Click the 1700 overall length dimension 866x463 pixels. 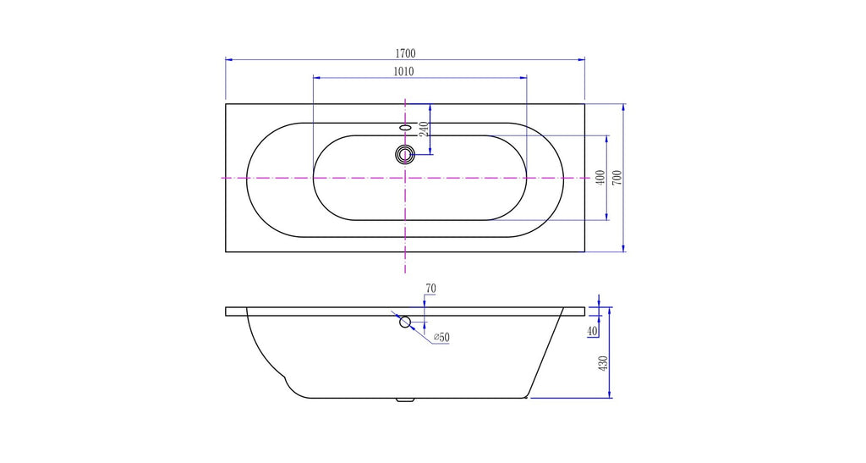point(405,53)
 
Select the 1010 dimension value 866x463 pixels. point(403,71)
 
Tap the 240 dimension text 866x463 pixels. point(424,130)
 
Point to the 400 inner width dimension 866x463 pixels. point(601,178)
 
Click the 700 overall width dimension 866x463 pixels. point(617,178)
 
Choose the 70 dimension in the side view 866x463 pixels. point(430,289)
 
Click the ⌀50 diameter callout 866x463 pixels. point(441,337)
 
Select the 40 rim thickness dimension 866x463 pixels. point(593,331)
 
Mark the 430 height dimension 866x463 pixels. point(602,363)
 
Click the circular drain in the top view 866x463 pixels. point(405,154)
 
